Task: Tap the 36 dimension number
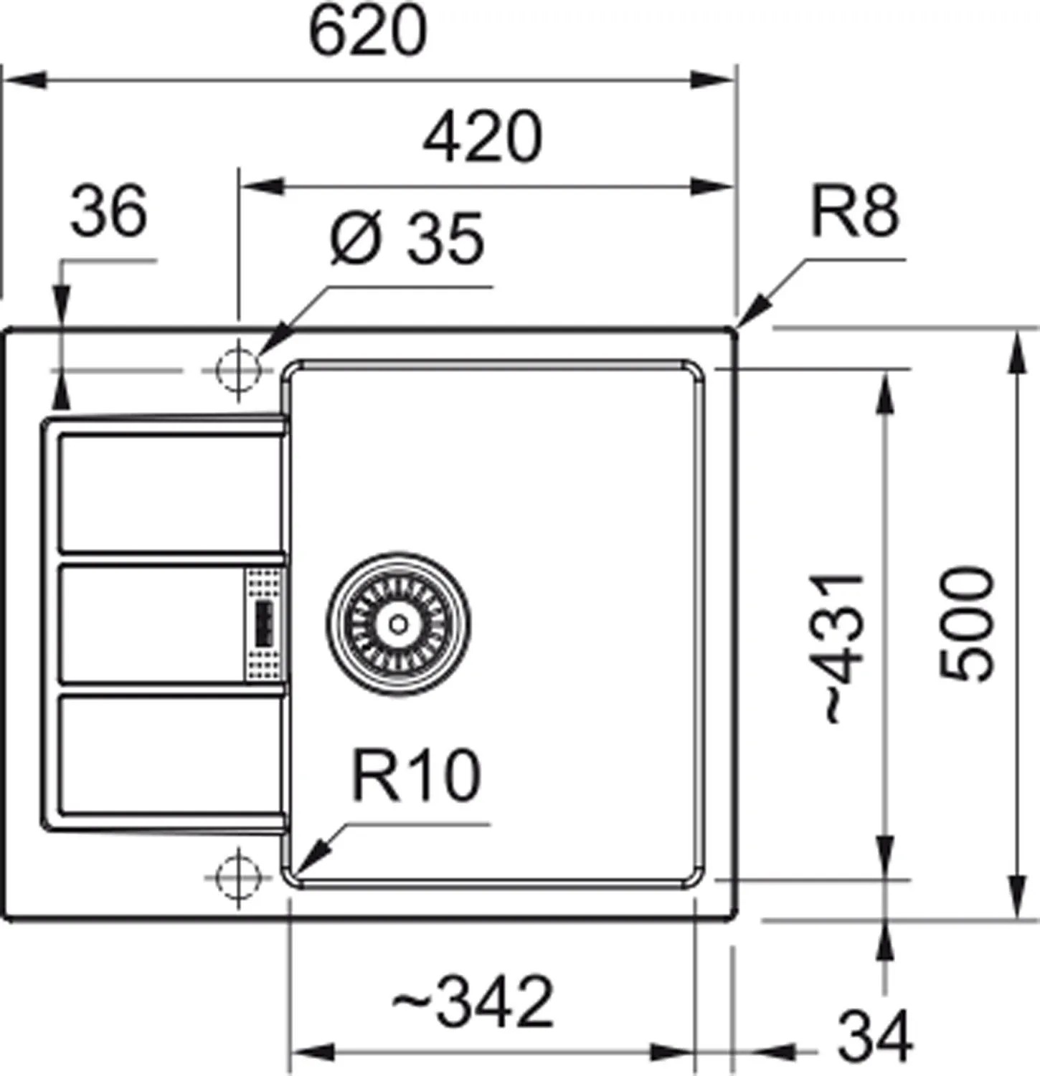pyautogui.click(x=109, y=211)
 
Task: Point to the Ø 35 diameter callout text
pyautogui.click(x=407, y=239)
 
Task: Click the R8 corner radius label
pyautogui.click(x=854, y=212)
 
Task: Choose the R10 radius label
pyautogui.click(x=416, y=776)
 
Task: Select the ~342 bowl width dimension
pyautogui.click(x=473, y=1001)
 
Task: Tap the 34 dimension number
pyautogui.click(x=875, y=1035)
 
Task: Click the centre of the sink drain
pyautogui.click(x=399, y=624)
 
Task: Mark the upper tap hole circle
pyautogui.click(x=238, y=370)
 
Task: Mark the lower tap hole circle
pyautogui.click(x=238, y=875)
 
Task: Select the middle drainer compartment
pyautogui.click(x=152, y=624)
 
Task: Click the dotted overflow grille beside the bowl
pyautogui.click(x=263, y=624)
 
